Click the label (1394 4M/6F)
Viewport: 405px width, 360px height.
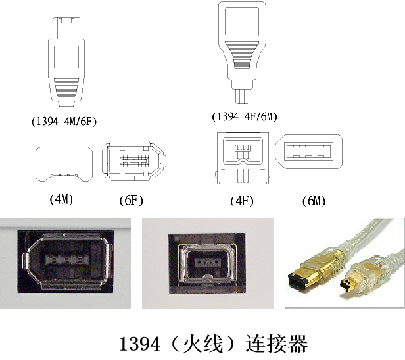[x=64, y=121]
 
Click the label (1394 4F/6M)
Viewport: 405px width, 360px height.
[x=245, y=117]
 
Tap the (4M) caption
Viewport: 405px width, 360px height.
[x=61, y=199]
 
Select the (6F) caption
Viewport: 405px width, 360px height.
[x=131, y=201]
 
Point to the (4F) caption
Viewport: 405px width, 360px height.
[x=242, y=201]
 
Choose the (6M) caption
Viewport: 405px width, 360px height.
[x=314, y=201]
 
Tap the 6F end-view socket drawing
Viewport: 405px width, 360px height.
[x=134, y=161]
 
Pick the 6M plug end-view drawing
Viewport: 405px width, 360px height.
[x=309, y=151]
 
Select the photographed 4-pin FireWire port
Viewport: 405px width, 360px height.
[x=207, y=263]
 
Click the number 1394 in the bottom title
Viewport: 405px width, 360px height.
[x=139, y=344]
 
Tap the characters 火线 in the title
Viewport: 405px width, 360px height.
[x=202, y=344]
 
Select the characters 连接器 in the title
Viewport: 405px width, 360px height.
[x=276, y=344]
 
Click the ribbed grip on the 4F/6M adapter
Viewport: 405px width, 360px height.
[x=242, y=55]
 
